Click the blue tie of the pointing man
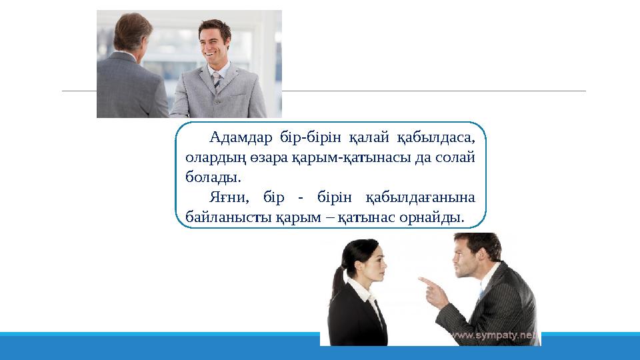(481, 293)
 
